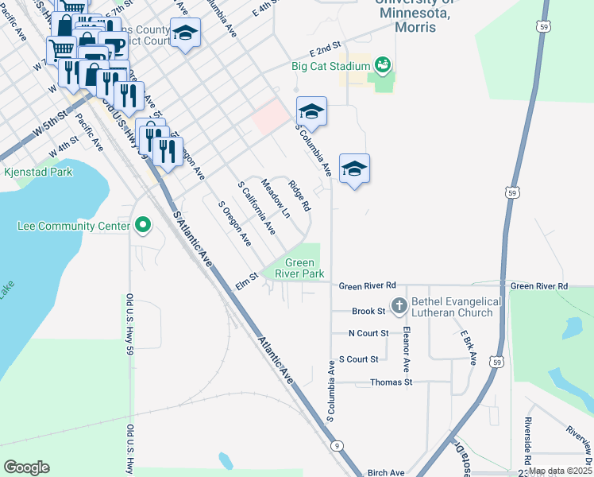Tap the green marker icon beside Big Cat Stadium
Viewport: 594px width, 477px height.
(383, 64)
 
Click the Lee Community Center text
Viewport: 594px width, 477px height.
(73, 227)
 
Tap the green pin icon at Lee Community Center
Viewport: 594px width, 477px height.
(142, 227)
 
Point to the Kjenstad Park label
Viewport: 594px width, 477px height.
(37, 172)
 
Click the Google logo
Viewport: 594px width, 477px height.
(26, 467)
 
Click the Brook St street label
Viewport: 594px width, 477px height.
(368, 312)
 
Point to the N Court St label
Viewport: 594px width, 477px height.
(368, 333)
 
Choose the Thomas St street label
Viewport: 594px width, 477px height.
(391, 382)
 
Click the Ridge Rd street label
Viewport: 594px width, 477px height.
(299, 196)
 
